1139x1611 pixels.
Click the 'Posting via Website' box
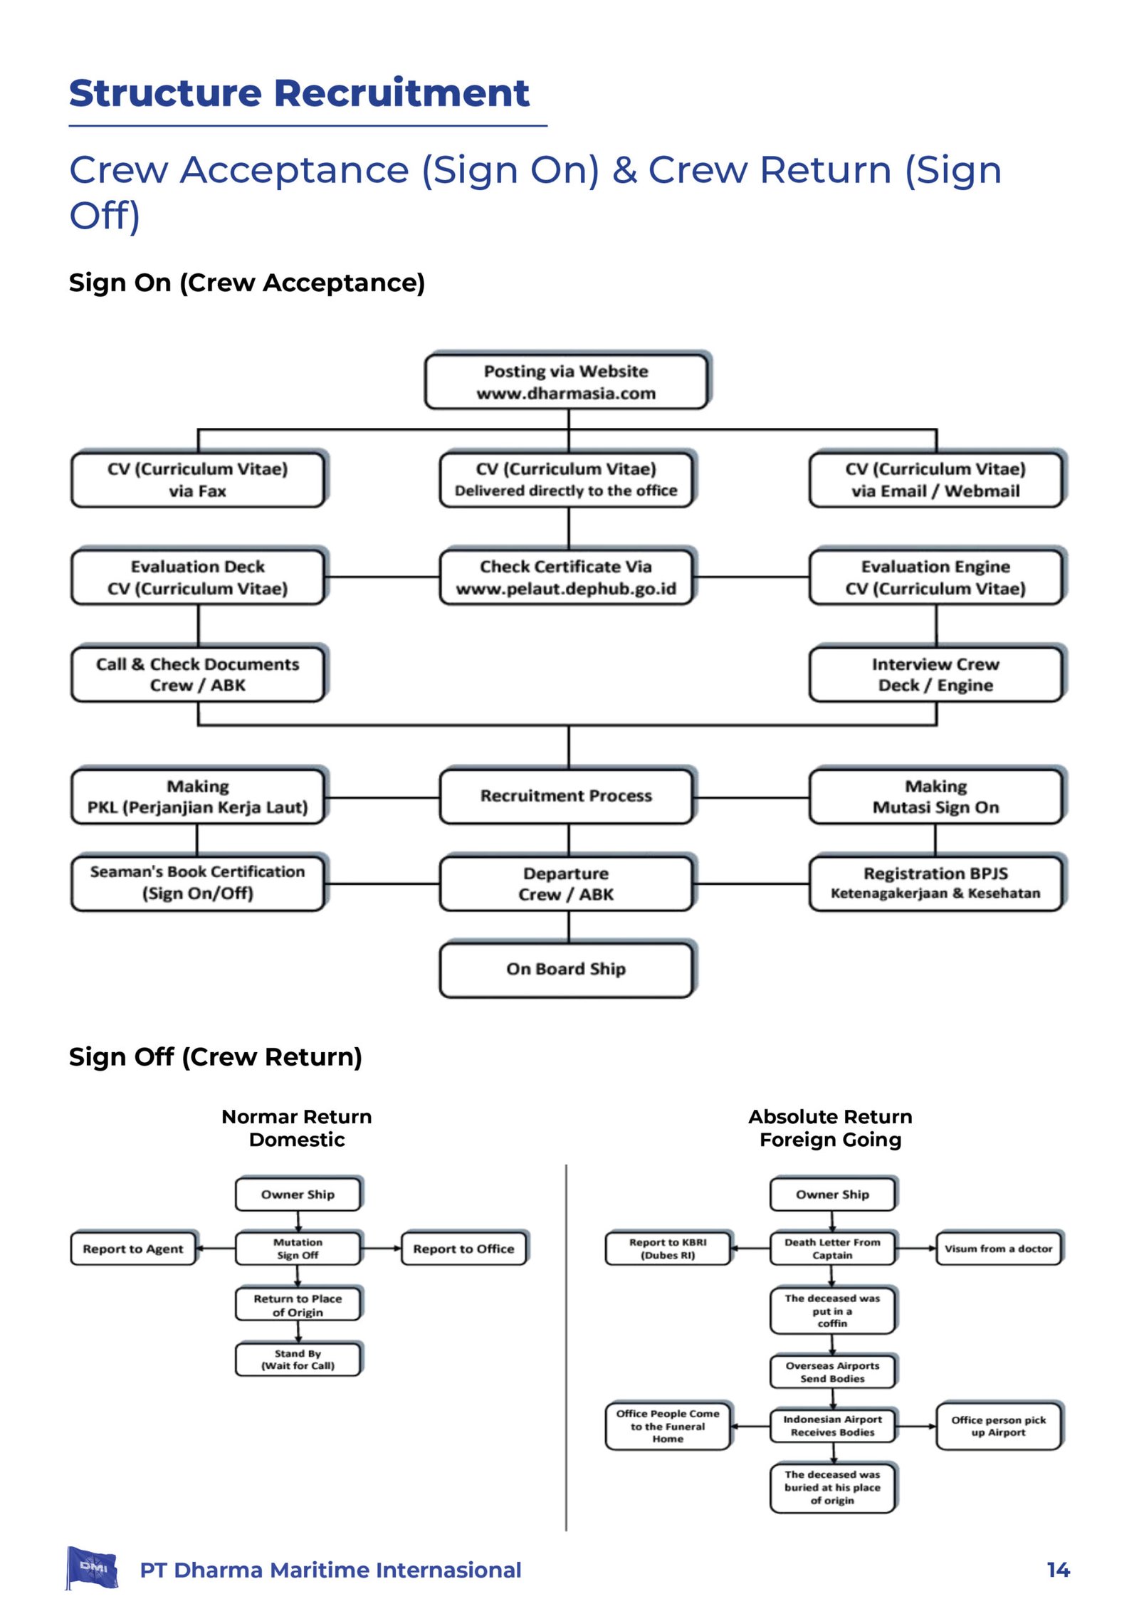coord(567,381)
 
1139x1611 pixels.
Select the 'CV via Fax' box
coord(199,479)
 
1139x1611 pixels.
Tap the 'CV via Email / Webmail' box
coord(937,479)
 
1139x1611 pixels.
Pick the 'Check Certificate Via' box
coord(567,577)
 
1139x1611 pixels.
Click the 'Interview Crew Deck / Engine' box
coord(937,673)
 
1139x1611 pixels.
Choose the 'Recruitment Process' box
coord(567,795)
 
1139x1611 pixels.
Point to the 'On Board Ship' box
coord(567,969)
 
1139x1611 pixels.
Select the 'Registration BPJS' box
coord(937,883)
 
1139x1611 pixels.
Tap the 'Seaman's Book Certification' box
coord(199,883)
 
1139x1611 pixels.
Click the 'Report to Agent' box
coord(134,1249)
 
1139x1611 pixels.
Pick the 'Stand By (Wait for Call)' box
coord(299,1359)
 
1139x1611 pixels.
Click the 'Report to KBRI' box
coord(668,1249)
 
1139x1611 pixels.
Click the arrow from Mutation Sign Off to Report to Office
coord(382,1249)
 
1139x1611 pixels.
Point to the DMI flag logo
coord(92,1568)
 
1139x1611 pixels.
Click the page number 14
coord(1058,1570)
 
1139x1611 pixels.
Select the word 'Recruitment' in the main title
coord(401,93)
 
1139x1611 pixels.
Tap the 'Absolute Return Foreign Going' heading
coord(831,1128)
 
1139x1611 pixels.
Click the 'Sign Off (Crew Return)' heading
coord(216,1057)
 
